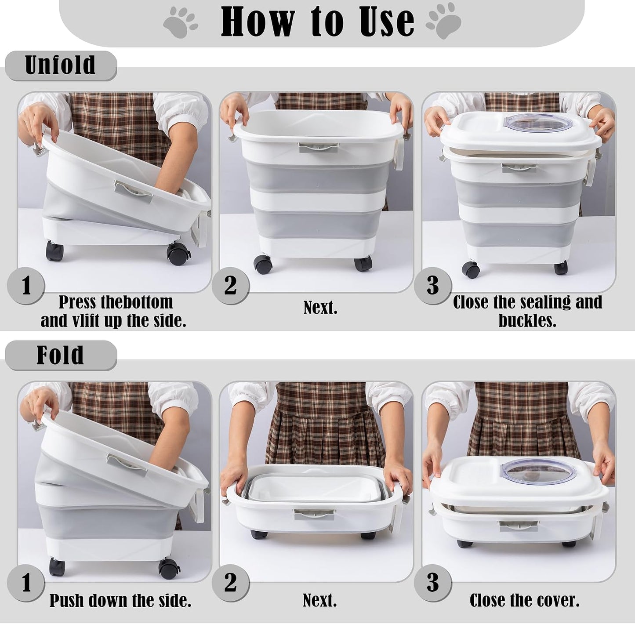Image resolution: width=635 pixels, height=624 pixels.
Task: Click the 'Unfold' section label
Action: pos(61,65)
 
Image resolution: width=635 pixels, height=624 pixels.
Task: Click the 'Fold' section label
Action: pos(60,355)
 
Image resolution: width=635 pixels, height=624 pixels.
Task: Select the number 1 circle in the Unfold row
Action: pos(26,286)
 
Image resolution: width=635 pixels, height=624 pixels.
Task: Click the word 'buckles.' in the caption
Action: pos(527,320)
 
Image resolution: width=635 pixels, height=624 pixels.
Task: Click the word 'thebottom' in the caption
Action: pos(137,302)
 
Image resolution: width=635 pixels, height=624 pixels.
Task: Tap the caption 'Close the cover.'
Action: pos(524,601)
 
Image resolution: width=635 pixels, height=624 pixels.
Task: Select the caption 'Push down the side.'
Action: pos(120,601)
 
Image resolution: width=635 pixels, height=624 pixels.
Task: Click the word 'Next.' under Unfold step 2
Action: pos(320,308)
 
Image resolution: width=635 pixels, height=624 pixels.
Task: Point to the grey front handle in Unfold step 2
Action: pos(318,147)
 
